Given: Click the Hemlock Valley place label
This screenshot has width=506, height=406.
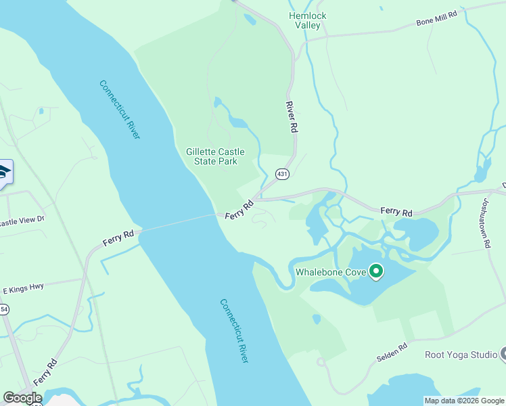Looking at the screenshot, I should click(307, 20).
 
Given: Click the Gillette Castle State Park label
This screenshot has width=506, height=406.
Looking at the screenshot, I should click(215, 156).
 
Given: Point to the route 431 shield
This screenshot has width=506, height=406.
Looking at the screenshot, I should click(282, 175).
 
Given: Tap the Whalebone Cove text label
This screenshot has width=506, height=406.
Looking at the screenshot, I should click(331, 273).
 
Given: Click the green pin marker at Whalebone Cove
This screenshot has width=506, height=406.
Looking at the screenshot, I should click(377, 272).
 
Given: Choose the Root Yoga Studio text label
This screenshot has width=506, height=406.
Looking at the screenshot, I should click(461, 355).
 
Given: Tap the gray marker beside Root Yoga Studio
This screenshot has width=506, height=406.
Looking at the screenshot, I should click(503, 354).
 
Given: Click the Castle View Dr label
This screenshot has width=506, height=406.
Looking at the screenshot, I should click(22, 220).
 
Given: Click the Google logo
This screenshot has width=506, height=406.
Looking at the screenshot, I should click(22, 398).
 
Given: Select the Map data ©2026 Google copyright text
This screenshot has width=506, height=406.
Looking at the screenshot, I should click(464, 401).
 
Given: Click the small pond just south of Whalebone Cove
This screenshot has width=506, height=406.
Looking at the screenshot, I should click(316, 319).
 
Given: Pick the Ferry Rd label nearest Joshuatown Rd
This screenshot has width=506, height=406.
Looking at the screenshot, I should click(396, 212).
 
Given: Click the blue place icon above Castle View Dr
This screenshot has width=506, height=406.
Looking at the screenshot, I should click(4, 174).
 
